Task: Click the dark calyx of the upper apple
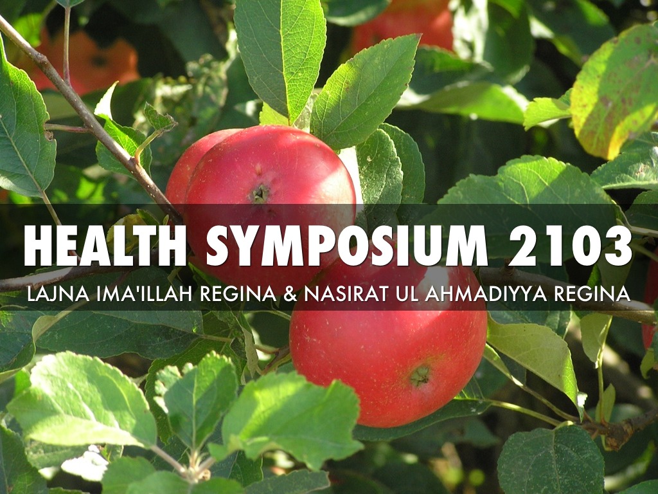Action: (260, 193)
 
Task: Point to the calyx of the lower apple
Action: (420, 376)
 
